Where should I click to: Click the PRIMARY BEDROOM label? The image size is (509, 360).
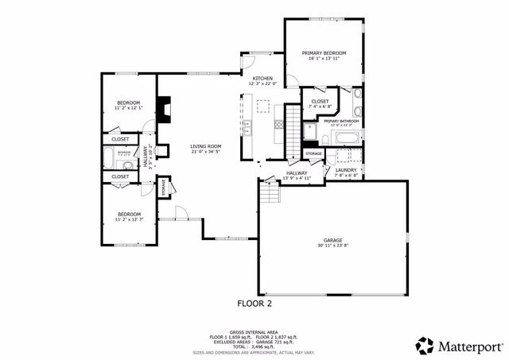click(x=324, y=53)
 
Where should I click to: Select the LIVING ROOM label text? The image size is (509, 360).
click(x=205, y=146)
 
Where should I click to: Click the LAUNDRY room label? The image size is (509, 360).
click(x=345, y=169)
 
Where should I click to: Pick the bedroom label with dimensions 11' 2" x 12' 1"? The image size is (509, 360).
click(x=129, y=103)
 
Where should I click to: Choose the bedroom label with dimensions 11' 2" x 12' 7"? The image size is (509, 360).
click(x=129, y=214)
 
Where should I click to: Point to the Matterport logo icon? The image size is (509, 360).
click(x=425, y=346)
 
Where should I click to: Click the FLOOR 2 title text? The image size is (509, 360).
click(x=254, y=303)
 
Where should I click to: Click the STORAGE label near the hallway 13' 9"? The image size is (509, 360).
click(x=313, y=153)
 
